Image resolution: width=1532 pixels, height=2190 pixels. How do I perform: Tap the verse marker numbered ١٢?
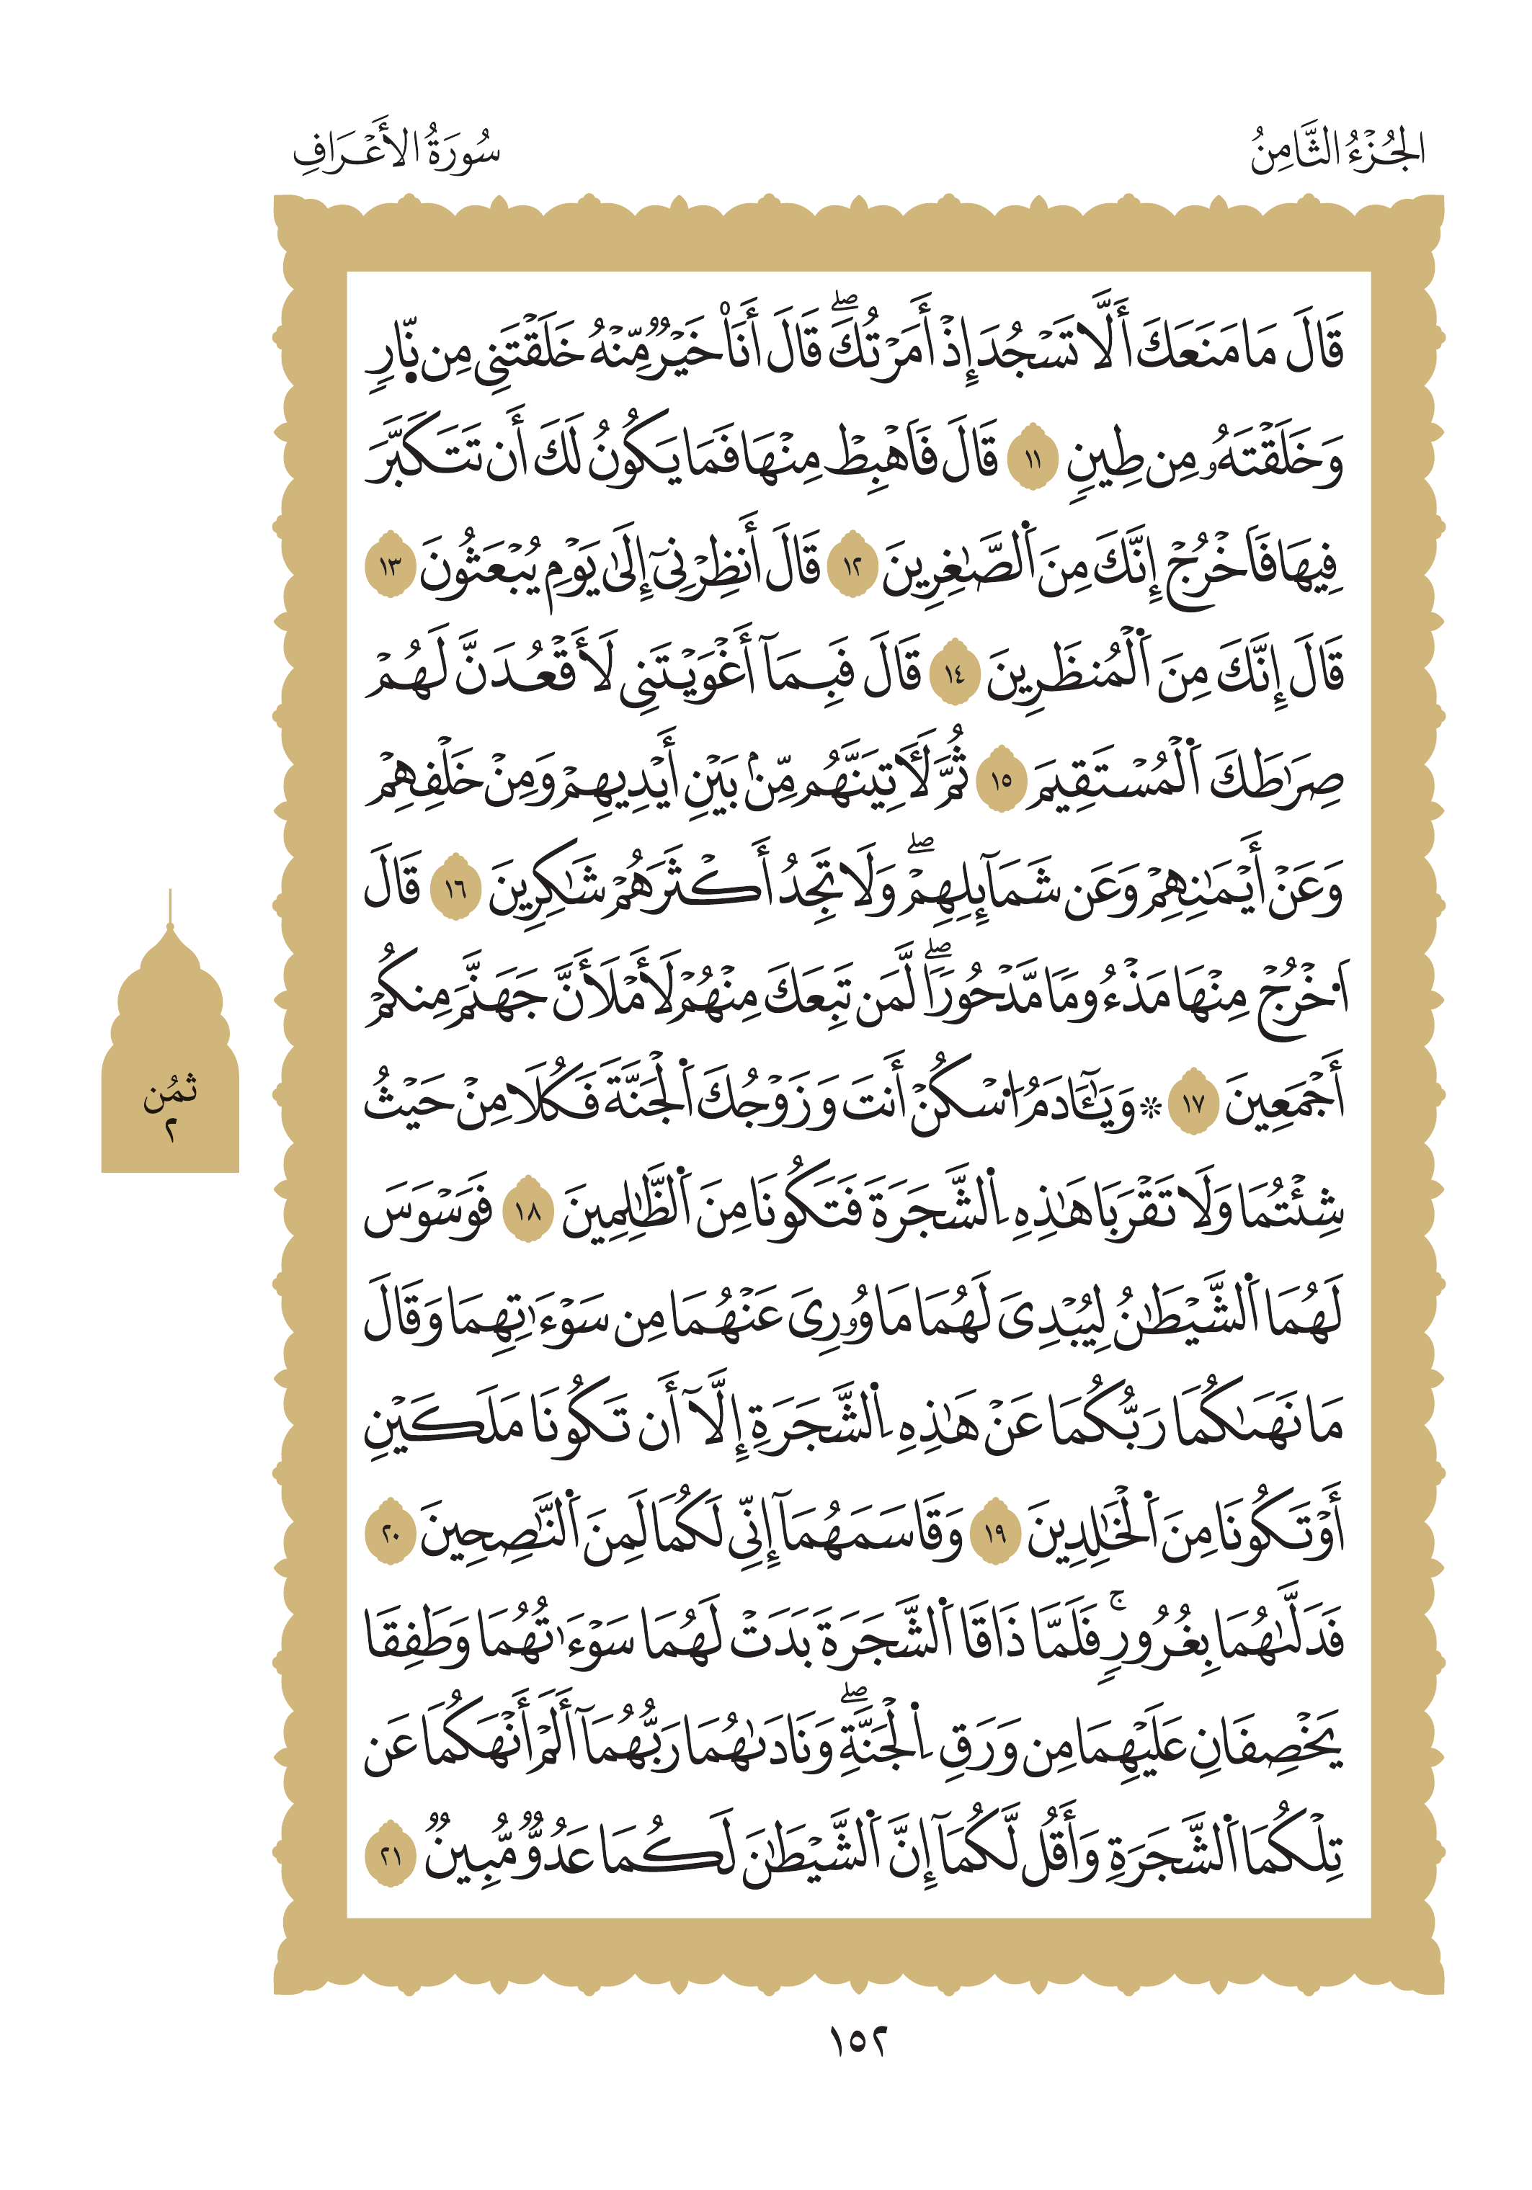click(x=851, y=569)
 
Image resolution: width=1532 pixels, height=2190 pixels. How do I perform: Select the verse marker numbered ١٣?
click(x=390, y=569)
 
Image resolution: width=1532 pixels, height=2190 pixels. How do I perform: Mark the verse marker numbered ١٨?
click(x=527, y=1212)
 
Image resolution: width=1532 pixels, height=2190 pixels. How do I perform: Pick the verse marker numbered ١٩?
click(x=995, y=1533)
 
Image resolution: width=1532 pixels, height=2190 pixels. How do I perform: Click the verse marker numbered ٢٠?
click(x=390, y=1533)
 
